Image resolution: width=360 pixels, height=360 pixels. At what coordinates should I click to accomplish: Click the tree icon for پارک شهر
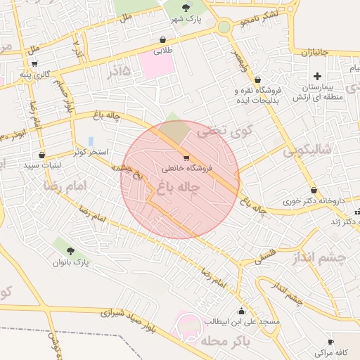[x=186, y=8]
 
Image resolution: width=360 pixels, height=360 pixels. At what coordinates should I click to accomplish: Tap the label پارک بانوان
[x=72, y=262]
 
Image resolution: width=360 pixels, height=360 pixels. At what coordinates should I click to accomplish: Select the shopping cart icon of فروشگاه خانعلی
[x=186, y=157]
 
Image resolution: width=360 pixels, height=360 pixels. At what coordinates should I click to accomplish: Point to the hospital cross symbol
[x=317, y=76]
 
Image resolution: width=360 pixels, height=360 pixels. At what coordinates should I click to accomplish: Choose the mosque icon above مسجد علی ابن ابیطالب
[x=242, y=311]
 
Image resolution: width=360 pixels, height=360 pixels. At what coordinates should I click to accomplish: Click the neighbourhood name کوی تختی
[x=212, y=130]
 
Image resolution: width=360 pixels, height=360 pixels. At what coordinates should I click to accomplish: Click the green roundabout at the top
[x=224, y=27]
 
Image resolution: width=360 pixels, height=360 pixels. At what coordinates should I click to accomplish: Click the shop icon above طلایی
[x=163, y=40]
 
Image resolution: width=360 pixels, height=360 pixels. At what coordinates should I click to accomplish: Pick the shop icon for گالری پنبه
[x=34, y=64]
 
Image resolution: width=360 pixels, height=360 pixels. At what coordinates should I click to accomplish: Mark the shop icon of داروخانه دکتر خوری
[x=314, y=190]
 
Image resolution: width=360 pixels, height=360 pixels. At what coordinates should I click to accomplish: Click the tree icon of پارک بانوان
[x=70, y=251]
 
